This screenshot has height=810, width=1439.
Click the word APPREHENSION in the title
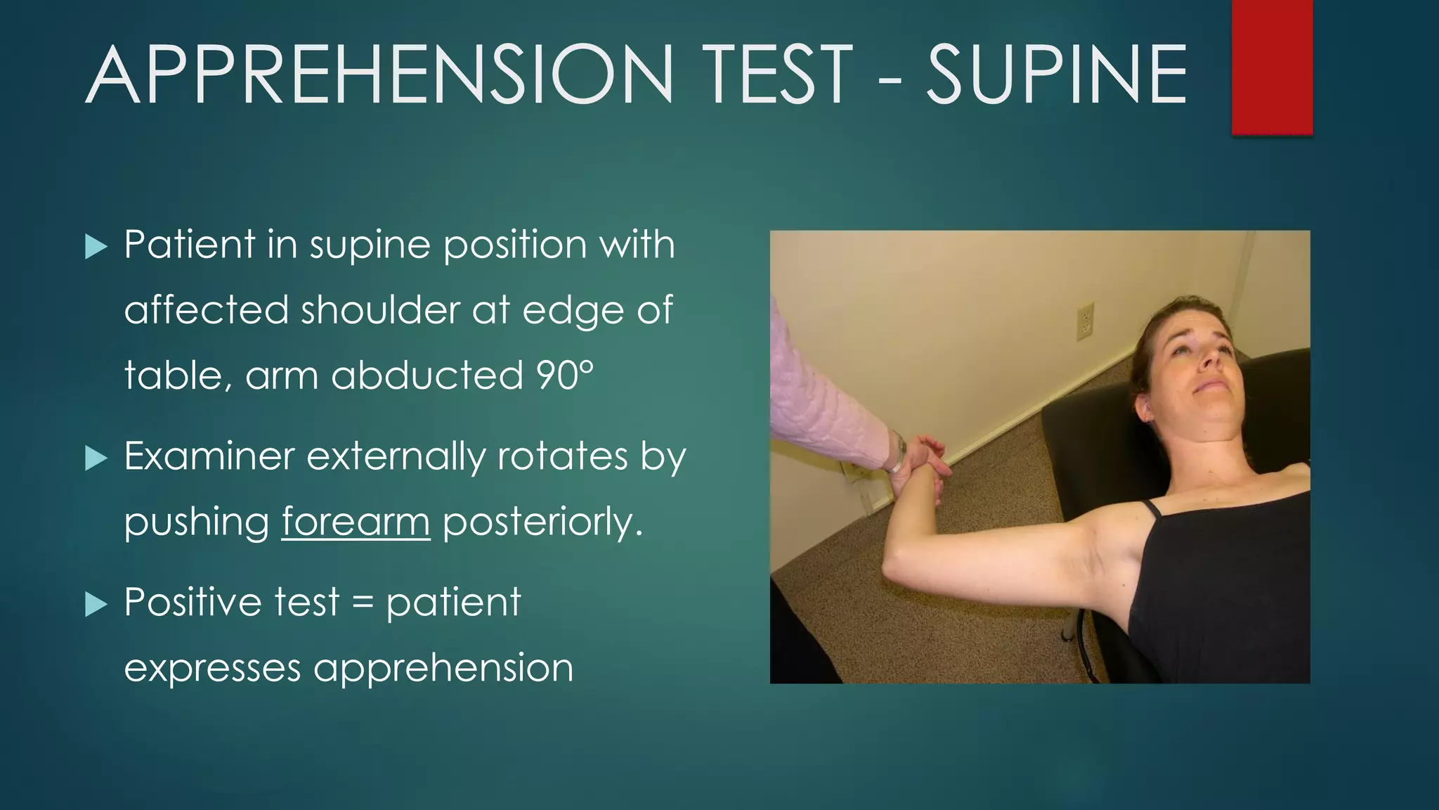[379, 75]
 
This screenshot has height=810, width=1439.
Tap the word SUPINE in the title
[1056, 75]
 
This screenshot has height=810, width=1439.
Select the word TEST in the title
[777, 75]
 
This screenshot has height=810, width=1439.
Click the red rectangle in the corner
[1272, 67]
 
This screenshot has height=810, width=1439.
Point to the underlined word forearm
[356, 522]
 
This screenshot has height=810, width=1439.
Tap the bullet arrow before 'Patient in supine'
[96, 246]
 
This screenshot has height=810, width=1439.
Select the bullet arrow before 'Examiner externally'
[96, 458]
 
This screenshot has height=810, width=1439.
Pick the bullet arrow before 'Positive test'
[96, 604]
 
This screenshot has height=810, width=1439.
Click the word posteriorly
[542, 522]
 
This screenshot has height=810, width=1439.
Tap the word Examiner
[209, 457]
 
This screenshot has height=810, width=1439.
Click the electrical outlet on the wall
[1086, 321]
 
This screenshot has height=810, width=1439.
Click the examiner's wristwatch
[898, 452]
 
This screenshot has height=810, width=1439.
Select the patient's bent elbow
[896, 571]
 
